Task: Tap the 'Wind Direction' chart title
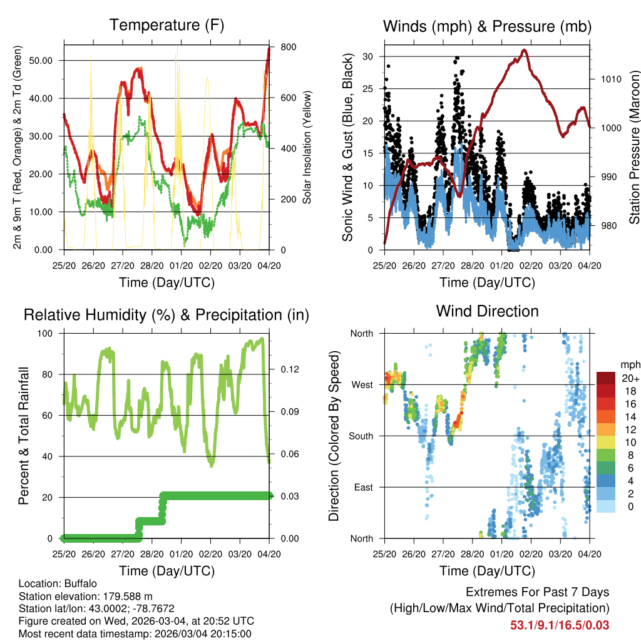click(x=487, y=311)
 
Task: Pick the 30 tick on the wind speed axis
click(x=369, y=56)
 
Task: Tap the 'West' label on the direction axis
click(x=362, y=384)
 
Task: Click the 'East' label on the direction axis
click(x=362, y=487)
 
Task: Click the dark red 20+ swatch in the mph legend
click(x=606, y=378)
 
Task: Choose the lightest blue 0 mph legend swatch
click(x=606, y=506)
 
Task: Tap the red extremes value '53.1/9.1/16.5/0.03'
click(x=560, y=625)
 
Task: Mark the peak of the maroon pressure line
click(x=525, y=50)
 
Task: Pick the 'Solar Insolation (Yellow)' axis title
click(x=307, y=148)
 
